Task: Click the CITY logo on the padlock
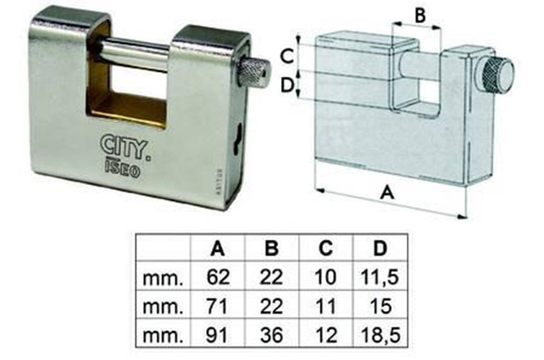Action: tap(125, 148)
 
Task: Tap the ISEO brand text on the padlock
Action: tap(122, 170)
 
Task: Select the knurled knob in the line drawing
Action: tap(496, 76)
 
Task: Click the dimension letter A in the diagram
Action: tap(387, 193)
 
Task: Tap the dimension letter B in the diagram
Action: tap(420, 15)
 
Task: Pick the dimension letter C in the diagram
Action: tap(287, 57)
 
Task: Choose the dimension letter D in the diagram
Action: tap(287, 85)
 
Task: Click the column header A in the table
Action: tap(218, 248)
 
